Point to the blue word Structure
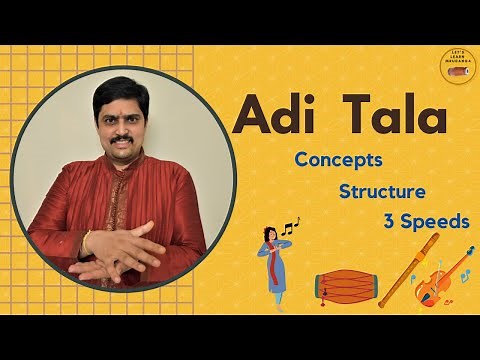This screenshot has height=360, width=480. [382, 190]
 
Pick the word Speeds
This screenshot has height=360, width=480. [435, 221]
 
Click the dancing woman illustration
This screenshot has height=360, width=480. [271, 259]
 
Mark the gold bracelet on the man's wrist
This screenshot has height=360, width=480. [87, 242]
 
